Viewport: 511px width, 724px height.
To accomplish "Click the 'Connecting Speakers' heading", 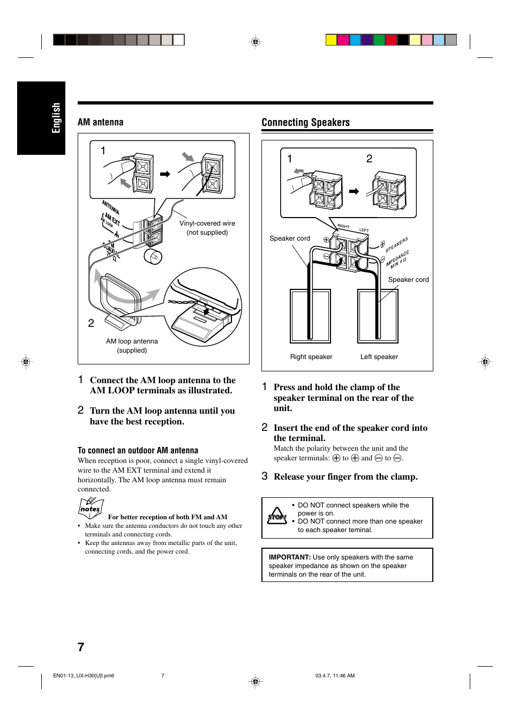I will coord(305,122).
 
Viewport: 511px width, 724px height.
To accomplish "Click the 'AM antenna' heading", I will coord(100,122).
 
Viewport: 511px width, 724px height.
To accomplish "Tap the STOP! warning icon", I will coord(277,516).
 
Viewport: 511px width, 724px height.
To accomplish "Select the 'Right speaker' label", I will coord(311,357).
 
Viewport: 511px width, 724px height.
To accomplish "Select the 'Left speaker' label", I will coord(379,357).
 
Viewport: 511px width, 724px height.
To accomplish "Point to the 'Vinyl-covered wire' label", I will coord(207,223).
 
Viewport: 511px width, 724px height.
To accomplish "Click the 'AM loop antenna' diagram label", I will coord(132,341).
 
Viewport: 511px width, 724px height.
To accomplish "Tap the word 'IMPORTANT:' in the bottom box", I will coord(289,557).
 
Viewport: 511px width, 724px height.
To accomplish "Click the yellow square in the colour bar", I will coord(332,40).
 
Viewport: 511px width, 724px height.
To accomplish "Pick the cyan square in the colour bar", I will coord(355,40).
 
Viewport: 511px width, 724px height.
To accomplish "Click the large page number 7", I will coord(81,647).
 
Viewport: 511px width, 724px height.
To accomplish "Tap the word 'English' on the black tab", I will coord(56,118).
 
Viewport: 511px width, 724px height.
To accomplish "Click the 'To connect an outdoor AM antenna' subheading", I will coord(138,451).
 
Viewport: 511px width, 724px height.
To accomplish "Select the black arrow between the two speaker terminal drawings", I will coord(354,191).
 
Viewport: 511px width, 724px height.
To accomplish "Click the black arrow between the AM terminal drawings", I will coord(165,174).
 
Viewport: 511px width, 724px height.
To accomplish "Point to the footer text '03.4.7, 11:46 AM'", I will coord(335,676).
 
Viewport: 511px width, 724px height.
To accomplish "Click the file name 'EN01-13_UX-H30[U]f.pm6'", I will coord(84,676).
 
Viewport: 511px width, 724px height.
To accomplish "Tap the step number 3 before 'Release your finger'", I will coord(265,476).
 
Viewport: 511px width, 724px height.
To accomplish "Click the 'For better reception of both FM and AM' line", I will coord(168,517).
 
